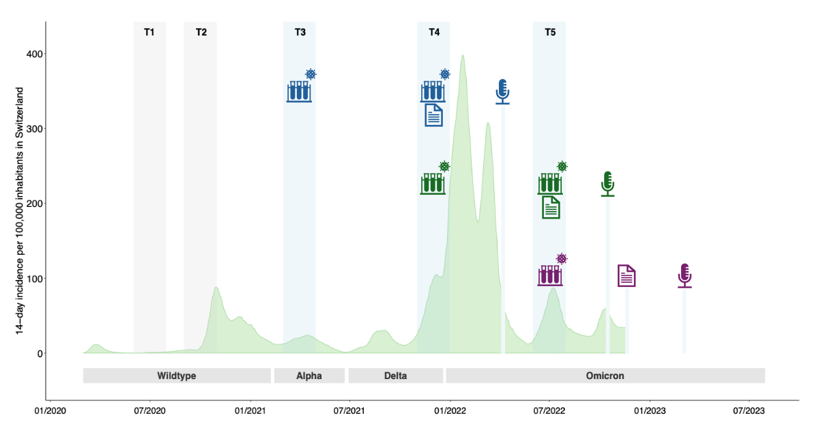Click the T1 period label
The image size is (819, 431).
(x=149, y=32)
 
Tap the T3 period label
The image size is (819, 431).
(x=300, y=32)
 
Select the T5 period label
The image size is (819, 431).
(x=549, y=32)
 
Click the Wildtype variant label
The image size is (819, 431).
(x=177, y=376)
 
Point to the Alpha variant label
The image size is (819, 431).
(x=309, y=376)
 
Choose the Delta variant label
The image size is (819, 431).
(x=396, y=376)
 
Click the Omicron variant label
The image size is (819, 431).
(x=605, y=376)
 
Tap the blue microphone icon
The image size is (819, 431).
(x=502, y=91)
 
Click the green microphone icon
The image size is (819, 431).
(x=607, y=183)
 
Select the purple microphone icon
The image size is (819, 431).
(x=685, y=275)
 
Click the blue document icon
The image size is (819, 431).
(x=434, y=115)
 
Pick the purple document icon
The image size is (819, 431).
(x=627, y=276)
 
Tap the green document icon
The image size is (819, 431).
(x=551, y=207)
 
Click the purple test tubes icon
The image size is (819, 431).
(x=549, y=275)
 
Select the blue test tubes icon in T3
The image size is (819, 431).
(x=299, y=92)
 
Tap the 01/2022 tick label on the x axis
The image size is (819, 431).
(x=450, y=411)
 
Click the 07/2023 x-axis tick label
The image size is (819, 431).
(x=749, y=411)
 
